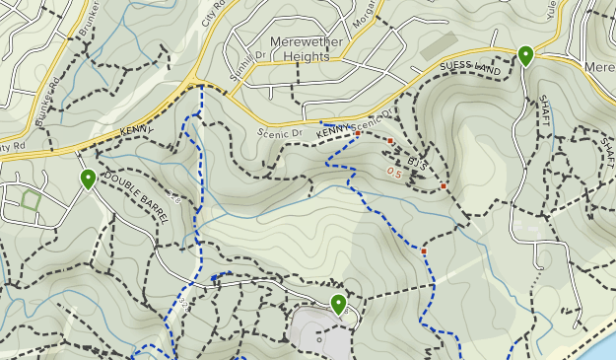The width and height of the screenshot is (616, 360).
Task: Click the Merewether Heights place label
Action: [x=305, y=49]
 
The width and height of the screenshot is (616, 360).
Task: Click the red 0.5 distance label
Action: [x=394, y=173]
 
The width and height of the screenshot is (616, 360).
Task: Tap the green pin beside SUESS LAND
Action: [x=525, y=56]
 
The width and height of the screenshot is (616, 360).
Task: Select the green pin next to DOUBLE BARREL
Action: [x=88, y=179]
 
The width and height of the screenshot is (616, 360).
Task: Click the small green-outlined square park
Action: [x=31, y=201]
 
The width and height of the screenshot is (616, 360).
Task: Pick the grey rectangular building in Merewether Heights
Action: [x=439, y=45]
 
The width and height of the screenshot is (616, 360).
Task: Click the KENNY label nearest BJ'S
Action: [x=335, y=129]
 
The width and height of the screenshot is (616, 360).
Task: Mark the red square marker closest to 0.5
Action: [x=390, y=142]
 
